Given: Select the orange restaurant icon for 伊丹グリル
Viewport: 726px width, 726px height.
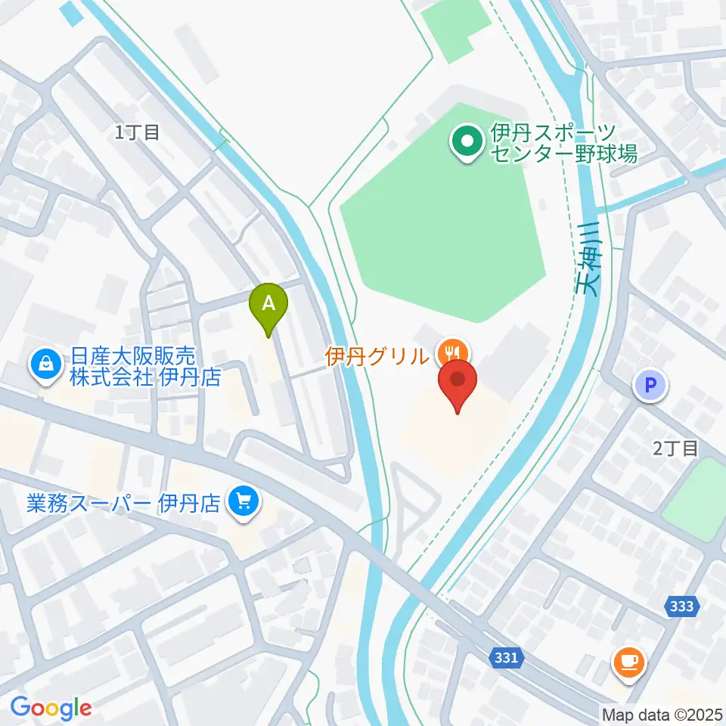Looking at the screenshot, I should point(454,352).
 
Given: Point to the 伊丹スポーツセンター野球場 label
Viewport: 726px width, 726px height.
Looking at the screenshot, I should point(563,144).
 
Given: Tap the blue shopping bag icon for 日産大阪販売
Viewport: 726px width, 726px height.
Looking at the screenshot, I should point(47,365).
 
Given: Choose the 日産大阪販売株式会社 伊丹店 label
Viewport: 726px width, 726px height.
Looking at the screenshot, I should point(144,366).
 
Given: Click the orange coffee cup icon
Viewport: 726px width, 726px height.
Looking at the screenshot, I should point(628,662).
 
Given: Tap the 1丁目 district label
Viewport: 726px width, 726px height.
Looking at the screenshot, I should point(138,133).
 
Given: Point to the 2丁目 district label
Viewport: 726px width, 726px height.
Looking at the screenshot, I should point(675,448).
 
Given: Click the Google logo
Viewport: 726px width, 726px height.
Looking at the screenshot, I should point(51,708).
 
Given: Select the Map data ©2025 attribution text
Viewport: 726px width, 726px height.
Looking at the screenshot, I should point(662,714).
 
